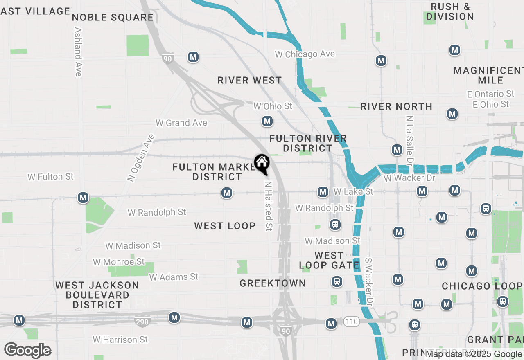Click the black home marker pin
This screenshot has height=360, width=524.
262,164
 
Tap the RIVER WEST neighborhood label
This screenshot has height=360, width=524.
250,80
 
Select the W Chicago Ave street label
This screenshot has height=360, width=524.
305,54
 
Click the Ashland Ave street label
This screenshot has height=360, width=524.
78,52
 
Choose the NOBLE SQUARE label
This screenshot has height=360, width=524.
113,17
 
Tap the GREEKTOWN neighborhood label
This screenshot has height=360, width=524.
273,283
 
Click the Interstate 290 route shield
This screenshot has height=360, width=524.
142,322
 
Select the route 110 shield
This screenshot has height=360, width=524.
351,322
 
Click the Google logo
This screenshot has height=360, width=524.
28,350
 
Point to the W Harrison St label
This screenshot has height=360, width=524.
120,340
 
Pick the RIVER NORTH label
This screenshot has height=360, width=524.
396,107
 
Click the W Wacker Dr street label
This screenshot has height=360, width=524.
409,178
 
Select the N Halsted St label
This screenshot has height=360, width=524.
268,206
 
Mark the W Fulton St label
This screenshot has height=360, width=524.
50,177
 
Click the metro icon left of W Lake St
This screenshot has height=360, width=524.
323,191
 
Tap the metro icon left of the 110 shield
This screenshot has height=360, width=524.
331,324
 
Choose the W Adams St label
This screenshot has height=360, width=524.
174,277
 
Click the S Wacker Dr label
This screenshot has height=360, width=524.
369,282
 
